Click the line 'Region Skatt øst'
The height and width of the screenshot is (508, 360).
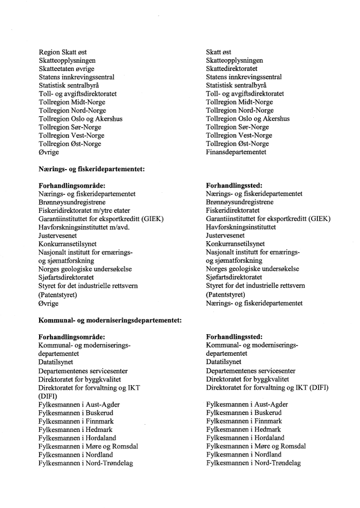pyautogui.click(x=66, y=52)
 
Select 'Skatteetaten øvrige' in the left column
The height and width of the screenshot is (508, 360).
pyautogui.click(x=67, y=68)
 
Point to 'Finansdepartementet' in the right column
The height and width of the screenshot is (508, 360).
pyautogui.click(x=236, y=152)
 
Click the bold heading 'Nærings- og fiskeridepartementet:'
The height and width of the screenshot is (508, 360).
pyautogui.click(x=91, y=169)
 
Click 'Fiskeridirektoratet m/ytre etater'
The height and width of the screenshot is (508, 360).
pyautogui.click(x=84, y=210)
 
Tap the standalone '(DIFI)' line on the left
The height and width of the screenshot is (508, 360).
pyautogui.click(x=48, y=396)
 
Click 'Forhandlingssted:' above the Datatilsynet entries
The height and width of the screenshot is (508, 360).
pyautogui.click(x=234, y=337)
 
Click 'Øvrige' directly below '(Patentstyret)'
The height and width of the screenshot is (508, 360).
pyautogui.click(x=49, y=303)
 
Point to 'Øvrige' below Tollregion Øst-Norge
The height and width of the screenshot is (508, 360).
pyautogui.click(x=49, y=152)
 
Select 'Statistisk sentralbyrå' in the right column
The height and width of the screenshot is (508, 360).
pyautogui.click(x=237, y=85)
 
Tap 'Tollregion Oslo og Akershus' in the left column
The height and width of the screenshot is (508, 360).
pyautogui.click(x=81, y=119)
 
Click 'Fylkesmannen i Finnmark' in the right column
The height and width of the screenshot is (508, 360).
pyautogui.click(x=244, y=421)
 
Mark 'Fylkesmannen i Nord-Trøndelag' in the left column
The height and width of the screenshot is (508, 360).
pyautogui.click(x=86, y=463)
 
